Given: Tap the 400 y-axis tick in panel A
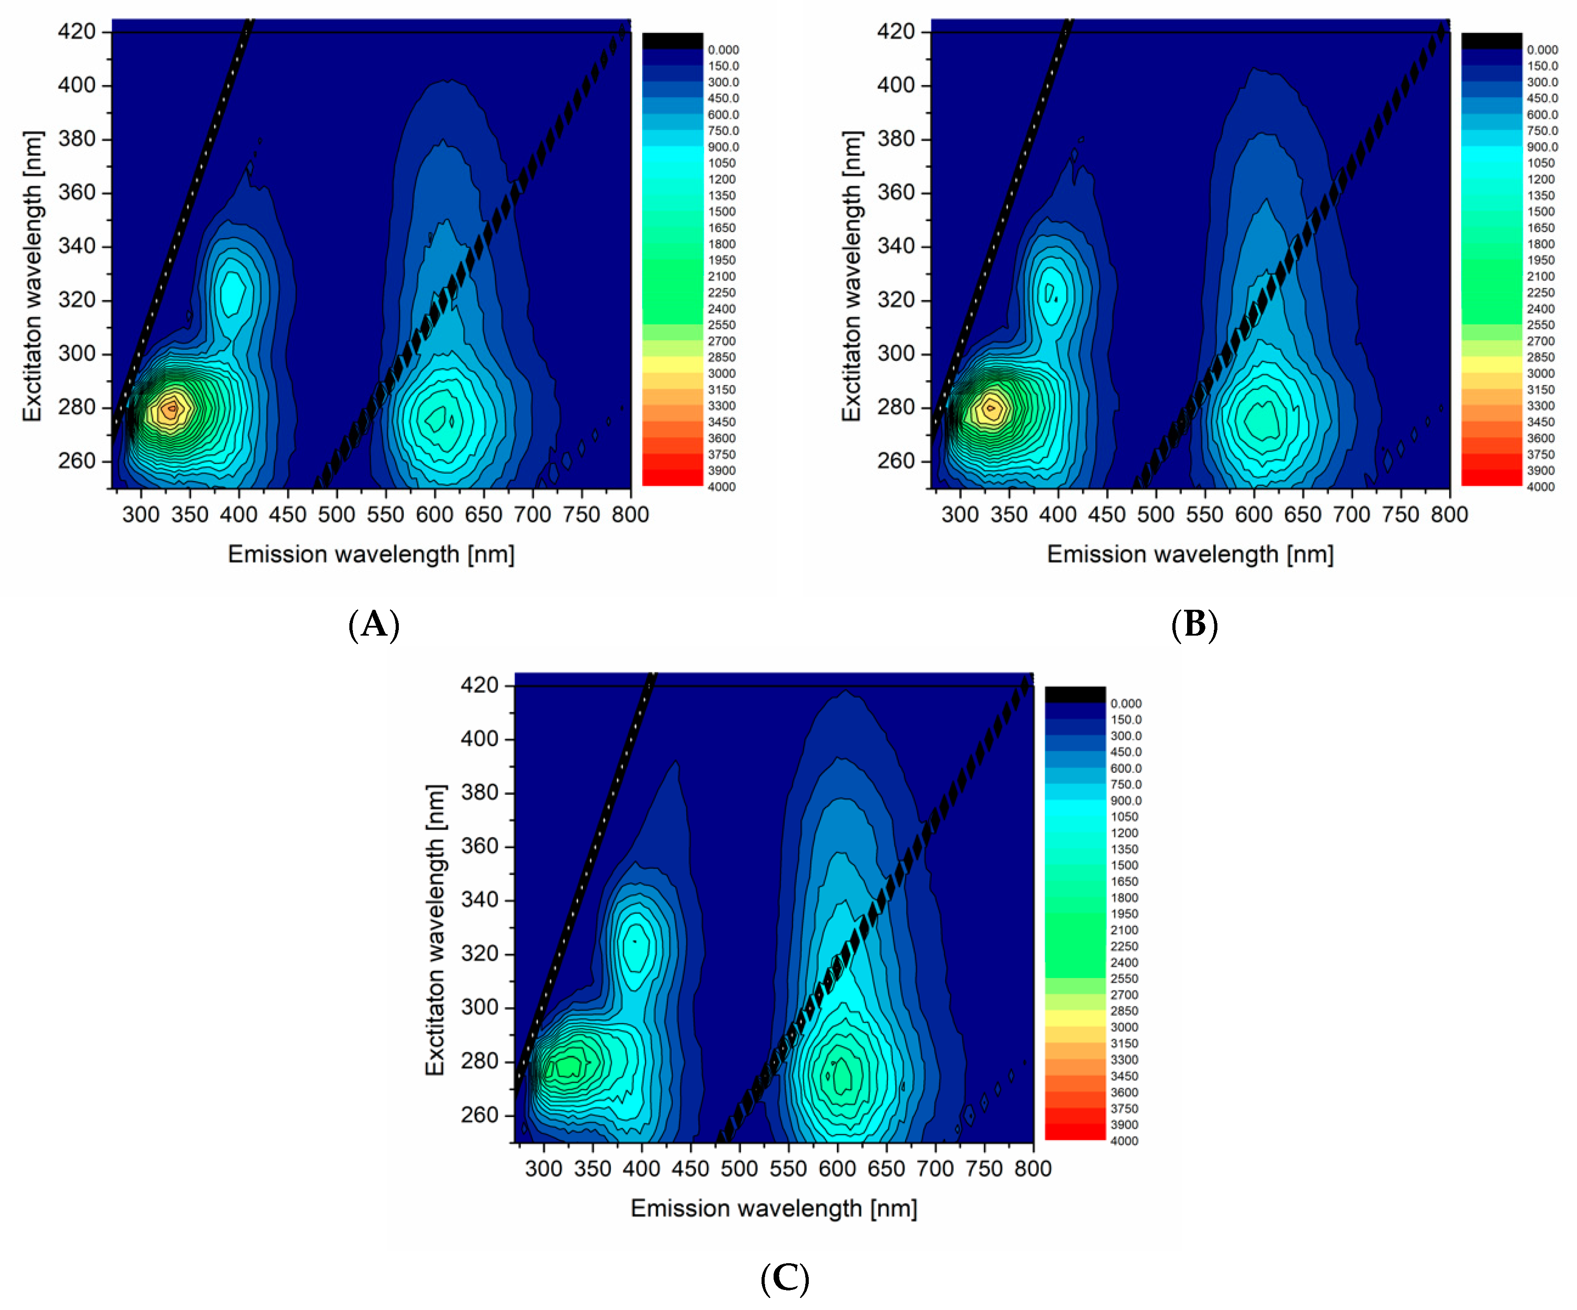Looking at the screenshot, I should click(77, 85).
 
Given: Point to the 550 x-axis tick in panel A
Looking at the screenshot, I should click(385, 514).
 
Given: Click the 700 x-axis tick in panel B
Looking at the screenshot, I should click(1352, 514).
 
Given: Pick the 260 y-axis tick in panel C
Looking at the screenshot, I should click(479, 1115).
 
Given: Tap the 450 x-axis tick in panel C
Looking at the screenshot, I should click(690, 1169).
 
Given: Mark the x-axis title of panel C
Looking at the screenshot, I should click(774, 1208).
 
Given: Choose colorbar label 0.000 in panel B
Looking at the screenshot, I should click(1542, 49).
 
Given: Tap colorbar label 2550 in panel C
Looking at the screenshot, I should click(1124, 979).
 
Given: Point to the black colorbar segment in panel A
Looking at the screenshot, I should click(672, 41).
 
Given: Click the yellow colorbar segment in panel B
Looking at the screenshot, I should click(1491, 364).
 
